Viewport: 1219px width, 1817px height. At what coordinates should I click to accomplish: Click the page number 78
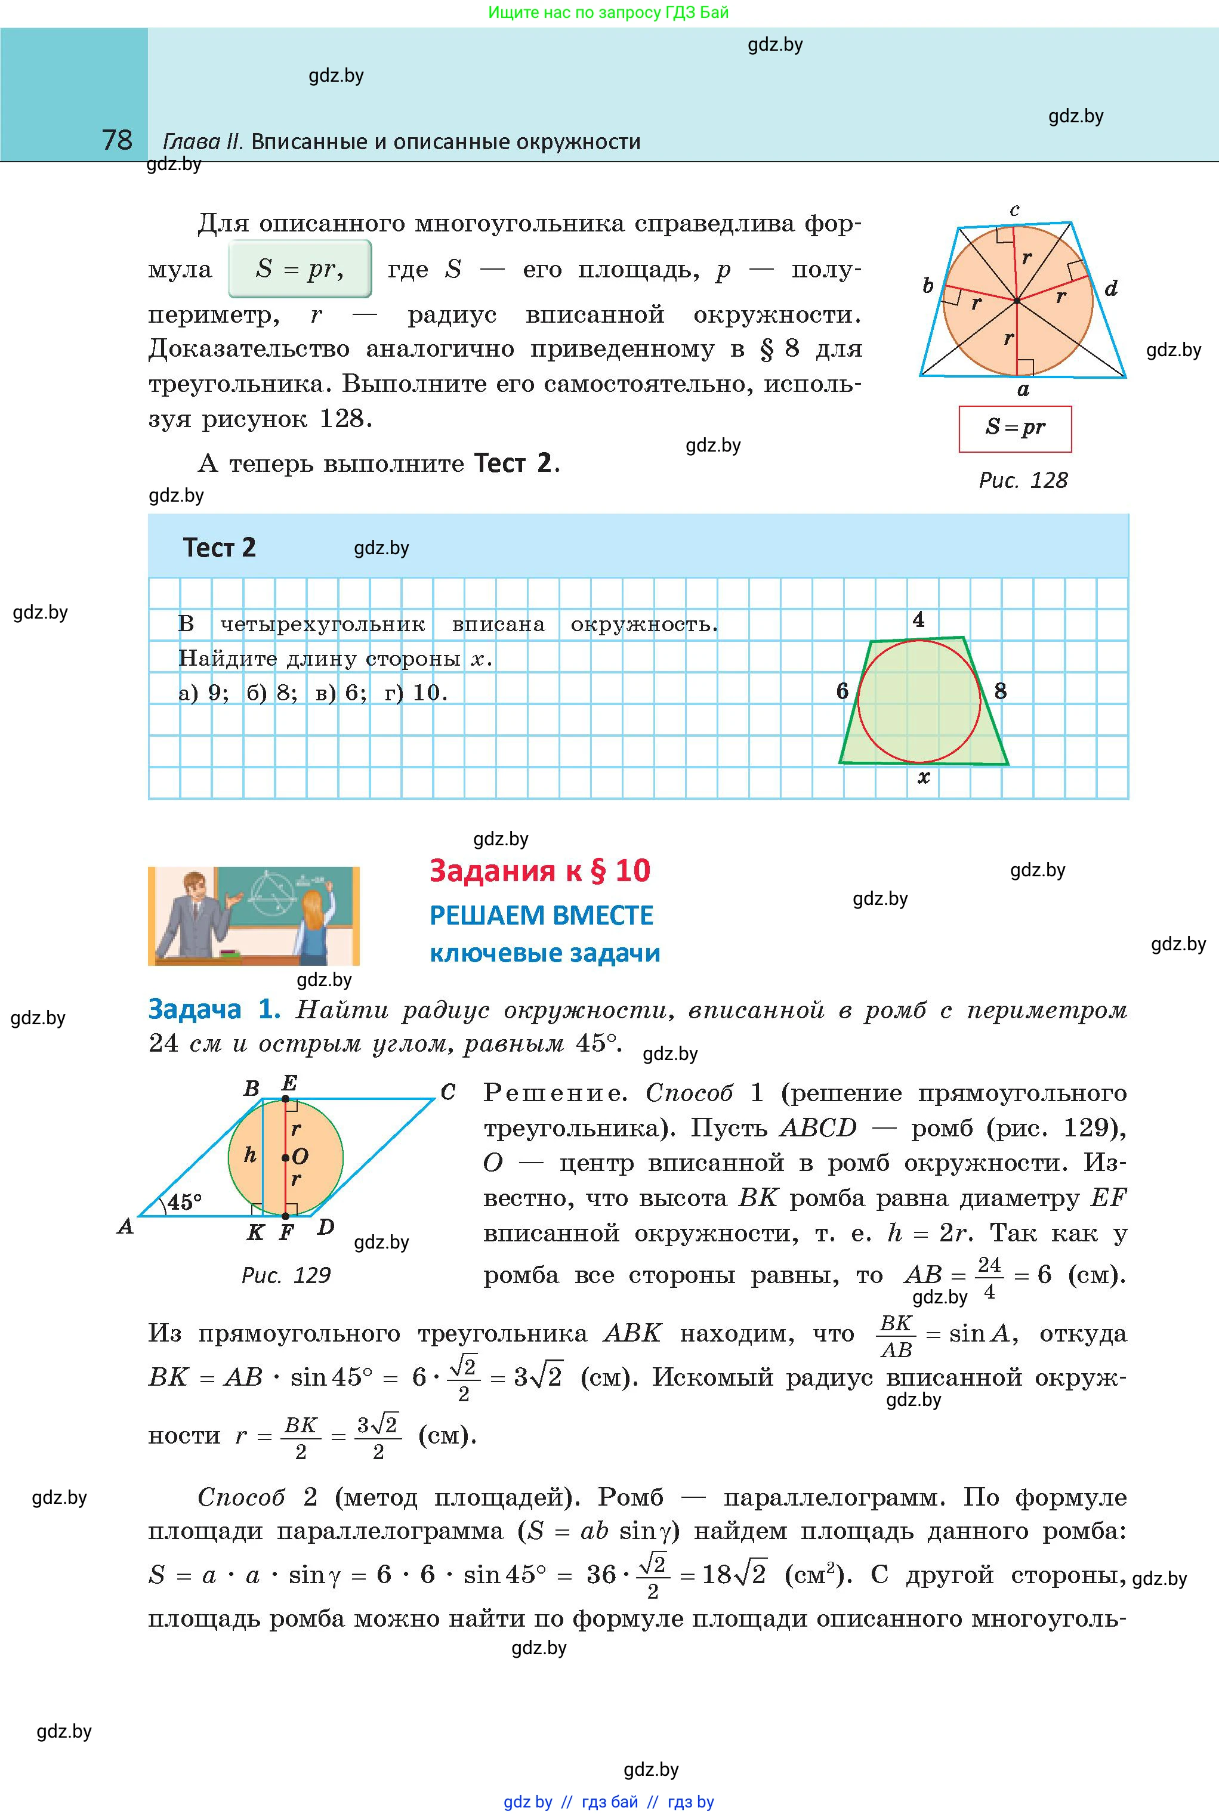point(118,140)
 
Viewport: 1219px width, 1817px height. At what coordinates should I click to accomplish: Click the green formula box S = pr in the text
point(300,269)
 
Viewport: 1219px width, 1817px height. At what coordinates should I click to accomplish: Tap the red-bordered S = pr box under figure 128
point(1014,428)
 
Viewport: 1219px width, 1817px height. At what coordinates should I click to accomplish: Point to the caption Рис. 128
point(1023,480)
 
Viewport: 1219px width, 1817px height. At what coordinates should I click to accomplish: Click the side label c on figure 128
point(1014,210)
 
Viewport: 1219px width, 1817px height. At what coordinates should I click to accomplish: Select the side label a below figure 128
point(1023,390)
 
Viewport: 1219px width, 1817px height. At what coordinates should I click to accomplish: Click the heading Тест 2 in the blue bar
point(219,548)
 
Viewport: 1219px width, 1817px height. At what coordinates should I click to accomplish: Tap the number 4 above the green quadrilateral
point(918,619)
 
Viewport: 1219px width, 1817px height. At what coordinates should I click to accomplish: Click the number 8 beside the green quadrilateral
point(1001,690)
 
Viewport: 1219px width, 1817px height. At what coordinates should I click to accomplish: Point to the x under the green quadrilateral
point(924,777)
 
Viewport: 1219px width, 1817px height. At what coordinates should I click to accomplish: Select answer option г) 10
point(416,693)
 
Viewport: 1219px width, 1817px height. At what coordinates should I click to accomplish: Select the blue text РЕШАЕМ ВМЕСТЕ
point(541,916)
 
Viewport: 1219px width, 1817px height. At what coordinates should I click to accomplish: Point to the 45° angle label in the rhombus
point(185,1201)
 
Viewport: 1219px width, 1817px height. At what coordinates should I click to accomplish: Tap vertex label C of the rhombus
point(448,1092)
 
